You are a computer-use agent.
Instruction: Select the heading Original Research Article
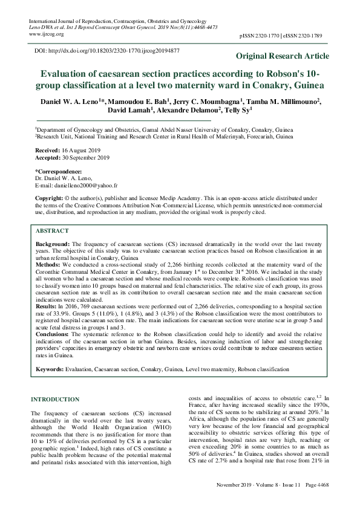pos(283,56)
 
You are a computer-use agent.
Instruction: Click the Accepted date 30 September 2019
pos(85,158)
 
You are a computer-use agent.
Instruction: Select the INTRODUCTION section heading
pos(55,399)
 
